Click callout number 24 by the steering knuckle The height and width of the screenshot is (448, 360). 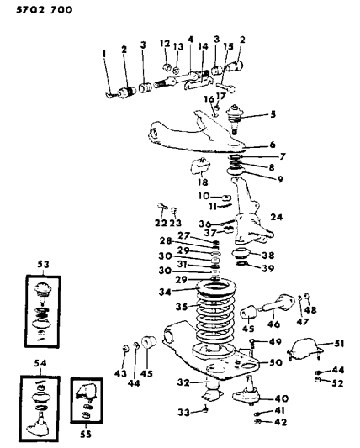tap(276, 217)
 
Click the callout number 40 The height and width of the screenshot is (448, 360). tap(281, 398)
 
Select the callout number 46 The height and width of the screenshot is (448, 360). tap(273, 322)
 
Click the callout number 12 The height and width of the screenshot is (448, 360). tap(164, 42)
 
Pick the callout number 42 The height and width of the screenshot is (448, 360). tap(281, 422)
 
